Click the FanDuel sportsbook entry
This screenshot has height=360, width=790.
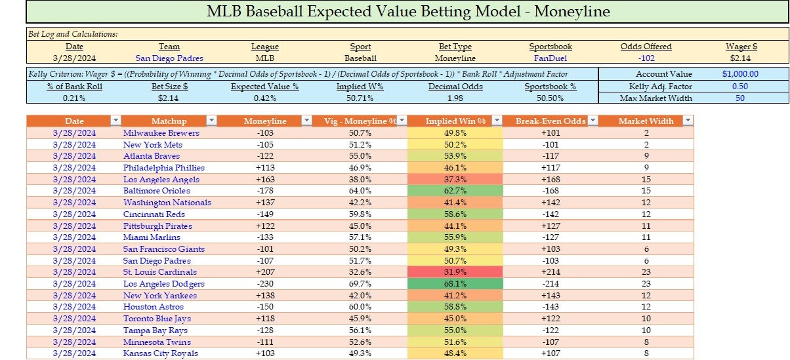(551, 58)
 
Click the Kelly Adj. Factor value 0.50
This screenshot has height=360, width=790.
(739, 86)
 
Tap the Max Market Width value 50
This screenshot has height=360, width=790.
(739, 98)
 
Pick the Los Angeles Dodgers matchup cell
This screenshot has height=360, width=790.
(164, 284)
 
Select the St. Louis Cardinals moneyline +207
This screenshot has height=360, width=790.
(265, 272)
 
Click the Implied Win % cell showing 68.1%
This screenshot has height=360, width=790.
(455, 284)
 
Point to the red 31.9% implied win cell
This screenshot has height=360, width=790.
(455, 272)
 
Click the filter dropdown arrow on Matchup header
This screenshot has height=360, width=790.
(211, 121)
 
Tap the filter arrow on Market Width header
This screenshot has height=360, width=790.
(687, 121)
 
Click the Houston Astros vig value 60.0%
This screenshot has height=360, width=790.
(360, 307)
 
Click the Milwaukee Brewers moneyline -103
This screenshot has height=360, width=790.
(265, 132)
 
